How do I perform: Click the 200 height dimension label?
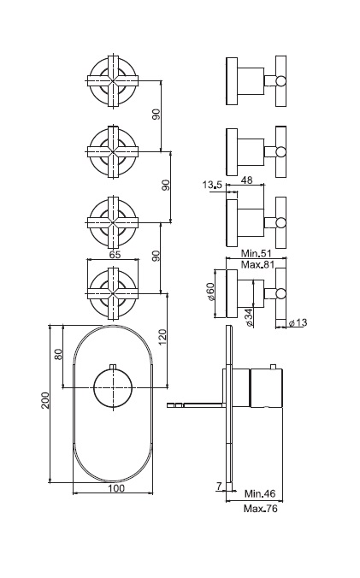45,400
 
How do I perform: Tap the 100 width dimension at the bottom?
116,488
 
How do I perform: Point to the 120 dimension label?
162,337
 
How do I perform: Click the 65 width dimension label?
115,254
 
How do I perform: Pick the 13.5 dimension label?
211,185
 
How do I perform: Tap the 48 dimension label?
246,180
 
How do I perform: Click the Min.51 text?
256,253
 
